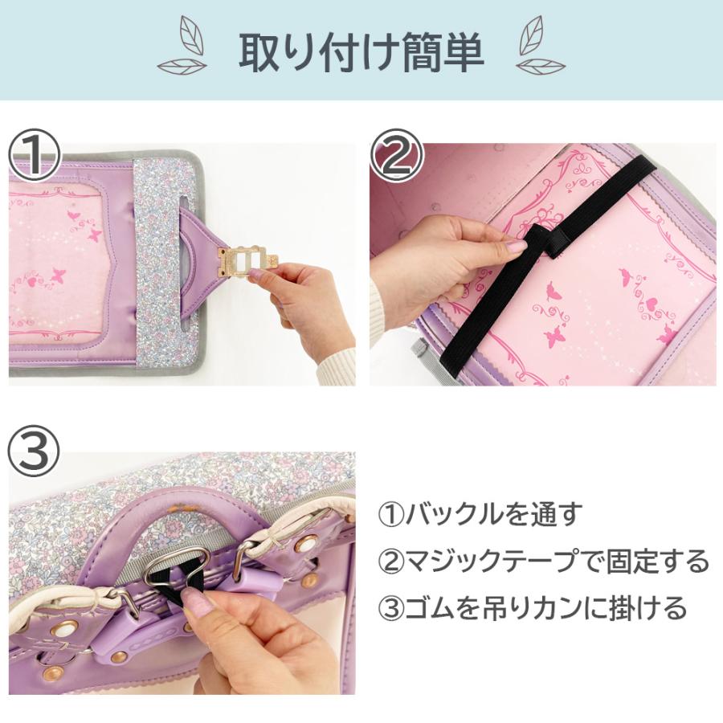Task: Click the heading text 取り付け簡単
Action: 361,51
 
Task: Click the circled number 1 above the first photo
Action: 34,154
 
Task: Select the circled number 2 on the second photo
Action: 397,154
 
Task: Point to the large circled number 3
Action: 34,451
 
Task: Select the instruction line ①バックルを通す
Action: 480,513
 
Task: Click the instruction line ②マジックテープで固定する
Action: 544,561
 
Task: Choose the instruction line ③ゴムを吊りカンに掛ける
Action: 533,607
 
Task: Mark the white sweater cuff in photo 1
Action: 339,364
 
